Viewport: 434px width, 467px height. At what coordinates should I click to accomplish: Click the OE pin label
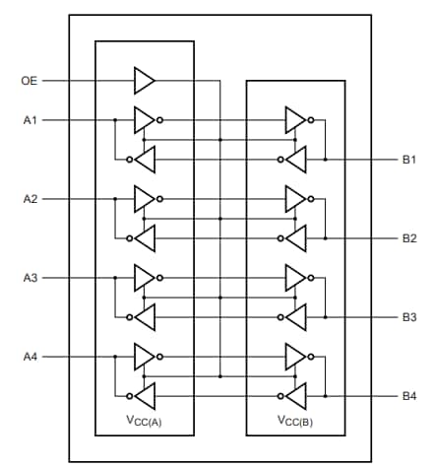click(x=29, y=81)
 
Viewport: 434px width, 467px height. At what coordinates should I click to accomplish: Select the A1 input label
click(x=30, y=120)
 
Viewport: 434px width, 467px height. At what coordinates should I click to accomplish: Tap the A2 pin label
click(x=30, y=199)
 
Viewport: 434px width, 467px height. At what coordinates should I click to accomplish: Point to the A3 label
click(x=30, y=278)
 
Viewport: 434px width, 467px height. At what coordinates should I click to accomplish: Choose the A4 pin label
click(x=30, y=356)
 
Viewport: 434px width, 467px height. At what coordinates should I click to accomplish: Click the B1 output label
click(x=408, y=159)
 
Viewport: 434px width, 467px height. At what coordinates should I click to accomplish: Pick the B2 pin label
click(x=408, y=238)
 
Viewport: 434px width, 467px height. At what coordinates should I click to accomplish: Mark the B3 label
click(x=408, y=317)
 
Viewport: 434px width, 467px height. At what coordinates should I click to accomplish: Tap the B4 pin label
click(x=408, y=396)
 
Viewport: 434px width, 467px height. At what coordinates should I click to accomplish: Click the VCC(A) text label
click(x=144, y=419)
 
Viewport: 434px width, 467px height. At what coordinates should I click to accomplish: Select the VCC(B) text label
click(x=294, y=419)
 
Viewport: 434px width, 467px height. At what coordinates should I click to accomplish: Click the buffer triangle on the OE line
click(x=144, y=81)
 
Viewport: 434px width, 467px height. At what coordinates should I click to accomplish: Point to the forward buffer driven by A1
click(x=144, y=120)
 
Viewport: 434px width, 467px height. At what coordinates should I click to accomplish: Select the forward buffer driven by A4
click(x=144, y=356)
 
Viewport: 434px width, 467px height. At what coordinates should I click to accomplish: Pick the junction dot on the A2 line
click(x=115, y=199)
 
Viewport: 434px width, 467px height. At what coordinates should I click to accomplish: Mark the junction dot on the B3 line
click(x=326, y=317)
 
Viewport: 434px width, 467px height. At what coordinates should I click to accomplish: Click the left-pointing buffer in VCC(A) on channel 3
click(x=145, y=317)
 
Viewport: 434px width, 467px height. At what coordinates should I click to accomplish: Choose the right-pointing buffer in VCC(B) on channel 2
click(x=294, y=199)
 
